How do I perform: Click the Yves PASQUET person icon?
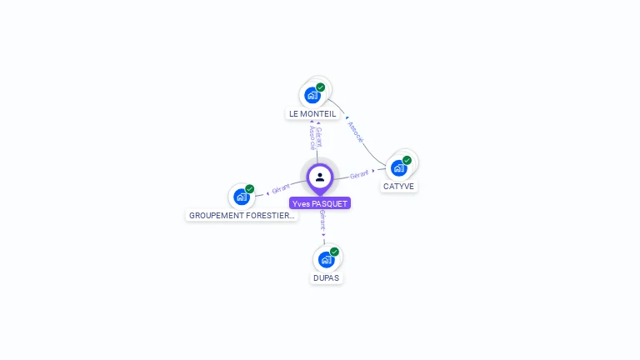[x=320, y=177]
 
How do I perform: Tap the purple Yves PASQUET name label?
[x=320, y=203]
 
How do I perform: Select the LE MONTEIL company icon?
[x=312, y=95]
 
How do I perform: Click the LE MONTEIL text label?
[x=312, y=113]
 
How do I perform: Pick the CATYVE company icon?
[x=398, y=167]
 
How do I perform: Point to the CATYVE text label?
[x=398, y=187]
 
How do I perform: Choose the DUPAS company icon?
[x=326, y=259]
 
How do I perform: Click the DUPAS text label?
[x=326, y=277]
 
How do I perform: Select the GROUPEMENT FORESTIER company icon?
[x=241, y=197]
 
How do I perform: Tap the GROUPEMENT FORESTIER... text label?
[x=242, y=215]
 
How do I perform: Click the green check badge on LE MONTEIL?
[x=321, y=87]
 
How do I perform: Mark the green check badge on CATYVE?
[x=407, y=160]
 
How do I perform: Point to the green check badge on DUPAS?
[x=334, y=252]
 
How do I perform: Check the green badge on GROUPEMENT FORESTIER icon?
[x=249, y=189]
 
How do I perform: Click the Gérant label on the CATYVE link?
[x=359, y=174]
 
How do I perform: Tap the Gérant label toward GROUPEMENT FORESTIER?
[x=281, y=190]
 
